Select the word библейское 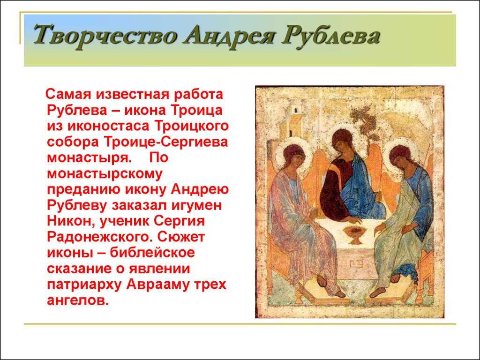point(152,253)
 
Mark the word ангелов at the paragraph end point(78,300)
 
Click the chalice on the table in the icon point(355,234)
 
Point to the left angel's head point(294,157)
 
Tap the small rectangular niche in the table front point(357,263)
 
